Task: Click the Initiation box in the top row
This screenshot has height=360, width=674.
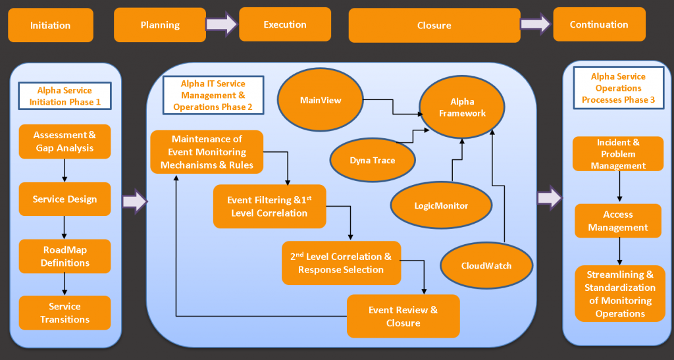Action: [51, 25]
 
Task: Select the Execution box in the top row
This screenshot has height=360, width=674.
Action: [285, 24]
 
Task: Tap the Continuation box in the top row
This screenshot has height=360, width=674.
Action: [599, 24]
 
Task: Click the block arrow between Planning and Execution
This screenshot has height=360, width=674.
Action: [222, 24]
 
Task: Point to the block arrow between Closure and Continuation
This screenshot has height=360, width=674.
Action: [536, 24]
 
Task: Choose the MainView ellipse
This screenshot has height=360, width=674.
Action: [321, 99]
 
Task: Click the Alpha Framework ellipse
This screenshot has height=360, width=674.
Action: [462, 107]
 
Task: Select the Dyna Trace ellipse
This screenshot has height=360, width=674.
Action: [373, 160]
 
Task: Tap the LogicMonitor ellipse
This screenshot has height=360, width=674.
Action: [441, 205]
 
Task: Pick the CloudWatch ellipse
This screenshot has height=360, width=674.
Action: [486, 265]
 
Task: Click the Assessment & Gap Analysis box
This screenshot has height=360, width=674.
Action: [65, 141]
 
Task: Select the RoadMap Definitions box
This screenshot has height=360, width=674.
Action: [65, 256]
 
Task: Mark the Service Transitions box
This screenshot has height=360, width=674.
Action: [65, 313]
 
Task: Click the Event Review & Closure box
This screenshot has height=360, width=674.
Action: [403, 316]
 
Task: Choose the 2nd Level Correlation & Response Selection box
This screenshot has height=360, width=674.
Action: [342, 263]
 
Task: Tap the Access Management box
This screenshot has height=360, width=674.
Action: [618, 221]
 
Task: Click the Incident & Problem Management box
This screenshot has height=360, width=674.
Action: [618, 154]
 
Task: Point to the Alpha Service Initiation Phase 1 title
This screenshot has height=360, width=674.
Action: [65, 96]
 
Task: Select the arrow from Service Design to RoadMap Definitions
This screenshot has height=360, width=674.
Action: [65, 227]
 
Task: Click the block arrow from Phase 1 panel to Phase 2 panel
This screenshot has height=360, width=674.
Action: [135, 201]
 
